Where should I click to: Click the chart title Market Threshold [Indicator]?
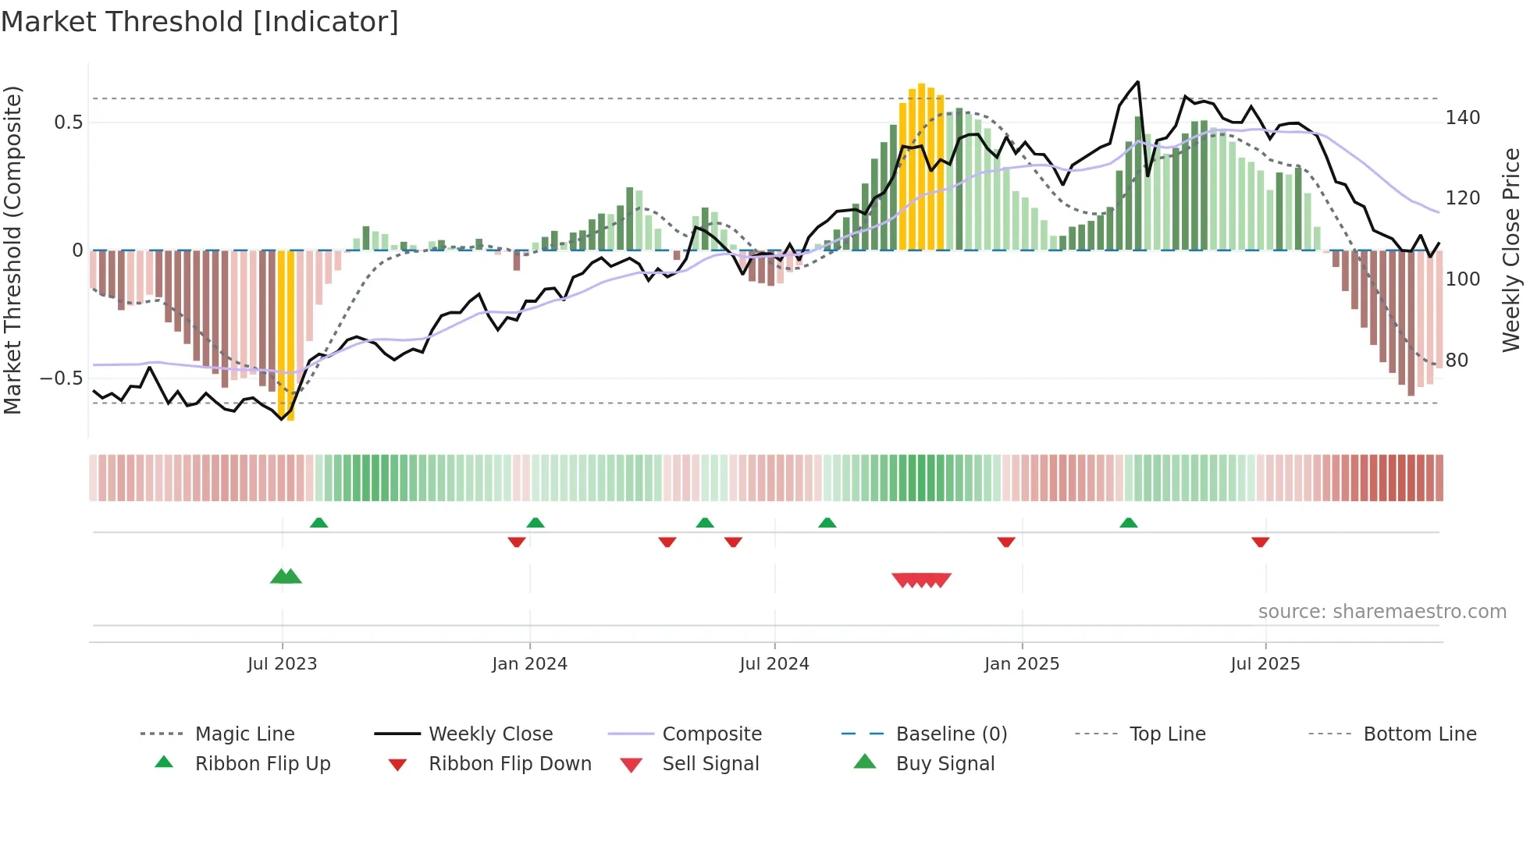point(200,22)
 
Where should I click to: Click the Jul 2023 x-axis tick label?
point(282,664)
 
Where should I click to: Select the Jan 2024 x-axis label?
point(529,664)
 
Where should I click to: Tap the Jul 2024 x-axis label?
point(774,664)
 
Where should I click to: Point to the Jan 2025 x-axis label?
point(1021,664)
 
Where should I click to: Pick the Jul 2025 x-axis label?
point(1265,664)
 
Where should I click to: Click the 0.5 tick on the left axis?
point(68,123)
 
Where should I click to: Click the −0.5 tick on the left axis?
point(61,378)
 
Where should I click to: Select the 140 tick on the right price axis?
point(1462,118)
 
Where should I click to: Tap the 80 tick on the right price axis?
point(1457,361)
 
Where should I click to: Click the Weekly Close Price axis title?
point(1511,250)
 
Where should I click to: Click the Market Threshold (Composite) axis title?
point(12,250)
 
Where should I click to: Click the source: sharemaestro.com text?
point(1382,612)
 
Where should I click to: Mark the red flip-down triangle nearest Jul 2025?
point(1260,542)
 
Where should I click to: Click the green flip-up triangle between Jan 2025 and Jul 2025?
point(1128,523)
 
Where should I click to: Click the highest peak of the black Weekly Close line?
point(1137,82)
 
